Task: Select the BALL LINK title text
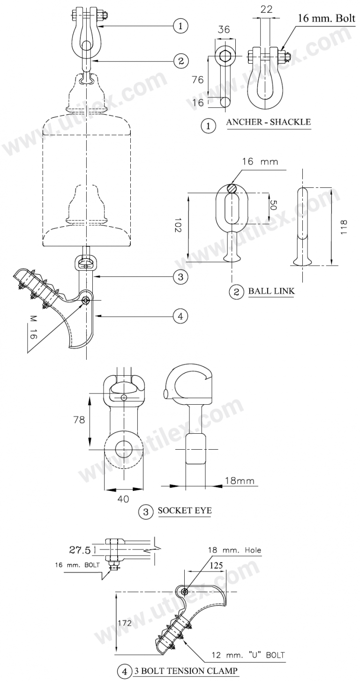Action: click(271, 291)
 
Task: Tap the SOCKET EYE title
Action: click(184, 511)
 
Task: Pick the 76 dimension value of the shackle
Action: click(198, 80)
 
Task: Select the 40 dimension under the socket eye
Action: click(123, 499)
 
